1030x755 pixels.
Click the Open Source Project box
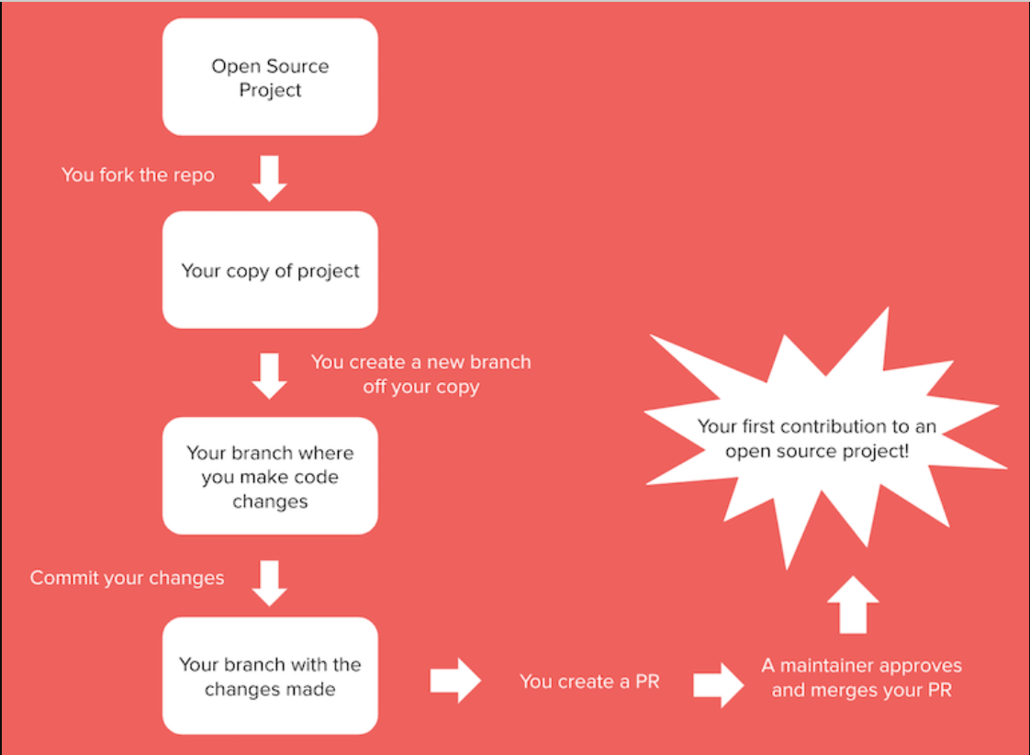(x=270, y=77)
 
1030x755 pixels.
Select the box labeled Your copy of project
(x=270, y=270)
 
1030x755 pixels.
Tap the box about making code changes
(x=270, y=476)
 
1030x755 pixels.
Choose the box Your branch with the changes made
(x=270, y=676)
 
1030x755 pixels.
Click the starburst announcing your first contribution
(x=817, y=439)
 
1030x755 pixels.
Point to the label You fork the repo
(x=138, y=175)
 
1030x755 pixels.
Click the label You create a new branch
(x=420, y=374)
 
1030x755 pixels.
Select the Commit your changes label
(x=127, y=578)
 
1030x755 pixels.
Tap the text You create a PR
(x=589, y=682)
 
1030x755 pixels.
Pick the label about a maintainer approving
(x=861, y=677)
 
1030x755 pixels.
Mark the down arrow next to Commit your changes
(x=269, y=583)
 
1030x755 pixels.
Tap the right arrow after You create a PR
(x=718, y=684)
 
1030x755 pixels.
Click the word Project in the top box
(x=270, y=90)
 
